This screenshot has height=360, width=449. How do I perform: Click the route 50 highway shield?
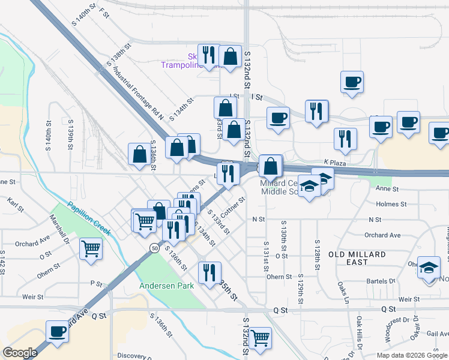click(x=155, y=247)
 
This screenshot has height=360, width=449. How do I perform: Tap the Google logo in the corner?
click(x=20, y=353)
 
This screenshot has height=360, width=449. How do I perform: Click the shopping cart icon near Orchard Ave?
click(x=91, y=247)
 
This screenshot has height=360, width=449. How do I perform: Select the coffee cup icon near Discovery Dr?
click(x=58, y=331)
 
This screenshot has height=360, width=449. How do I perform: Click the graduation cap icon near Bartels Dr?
click(x=429, y=267)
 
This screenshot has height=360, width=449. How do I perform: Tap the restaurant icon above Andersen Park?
click(x=209, y=272)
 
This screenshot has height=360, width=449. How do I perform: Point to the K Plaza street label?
click(x=336, y=162)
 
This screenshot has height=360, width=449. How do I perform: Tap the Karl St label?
click(x=15, y=205)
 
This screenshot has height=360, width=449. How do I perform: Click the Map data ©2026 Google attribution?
click(x=412, y=355)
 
